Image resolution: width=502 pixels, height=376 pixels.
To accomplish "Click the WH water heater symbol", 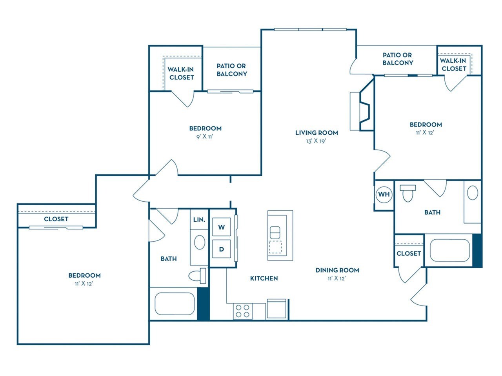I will (384, 194).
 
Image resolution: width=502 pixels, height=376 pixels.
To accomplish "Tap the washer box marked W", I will (221, 227).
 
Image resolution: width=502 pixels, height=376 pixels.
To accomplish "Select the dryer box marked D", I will (221, 249).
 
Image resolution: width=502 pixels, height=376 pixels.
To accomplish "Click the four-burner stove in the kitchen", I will (242, 311).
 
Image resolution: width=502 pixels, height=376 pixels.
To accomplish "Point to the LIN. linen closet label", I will (199, 220).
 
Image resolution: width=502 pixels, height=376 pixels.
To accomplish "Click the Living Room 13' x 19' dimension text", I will (316, 141).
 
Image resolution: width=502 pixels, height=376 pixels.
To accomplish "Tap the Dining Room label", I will (337, 270).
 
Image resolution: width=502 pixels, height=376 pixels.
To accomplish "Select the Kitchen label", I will (264, 278).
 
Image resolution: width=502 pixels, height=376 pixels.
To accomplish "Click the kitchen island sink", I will (275, 232).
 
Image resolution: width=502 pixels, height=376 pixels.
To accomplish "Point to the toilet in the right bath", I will (408, 192).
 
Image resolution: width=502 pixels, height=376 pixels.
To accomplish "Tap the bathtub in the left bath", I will (175, 304).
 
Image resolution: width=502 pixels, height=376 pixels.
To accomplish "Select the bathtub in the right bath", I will (450, 250).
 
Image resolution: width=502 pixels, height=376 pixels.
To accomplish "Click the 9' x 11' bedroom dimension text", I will (205, 137).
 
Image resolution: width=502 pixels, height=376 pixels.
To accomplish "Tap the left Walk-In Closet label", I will (181, 73).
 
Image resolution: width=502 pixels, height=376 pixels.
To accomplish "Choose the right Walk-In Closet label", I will (453, 65).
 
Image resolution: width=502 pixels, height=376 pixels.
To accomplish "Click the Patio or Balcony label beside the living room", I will (397, 59).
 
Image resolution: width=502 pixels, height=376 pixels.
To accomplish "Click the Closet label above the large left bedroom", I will (56, 219).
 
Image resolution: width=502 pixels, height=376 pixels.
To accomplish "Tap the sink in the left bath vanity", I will (200, 242).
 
